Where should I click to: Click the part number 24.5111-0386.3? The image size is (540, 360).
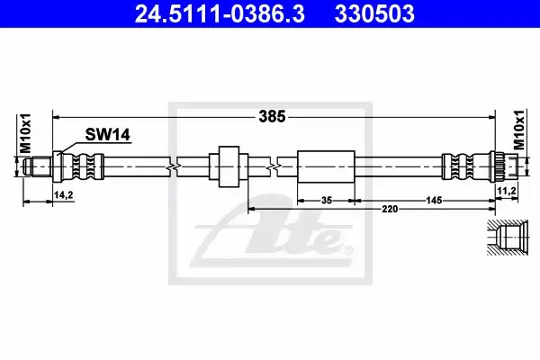[x=220, y=14]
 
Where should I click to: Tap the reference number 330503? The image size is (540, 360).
[x=374, y=14]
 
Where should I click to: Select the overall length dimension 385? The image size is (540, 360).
[x=272, y=117]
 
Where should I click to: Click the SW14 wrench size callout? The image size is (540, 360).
[x=107, y=134]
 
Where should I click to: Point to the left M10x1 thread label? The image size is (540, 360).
[x=26, y=134]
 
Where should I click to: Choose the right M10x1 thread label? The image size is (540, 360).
[x=518, y=130]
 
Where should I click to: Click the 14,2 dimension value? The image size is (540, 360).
[x=64, y=195]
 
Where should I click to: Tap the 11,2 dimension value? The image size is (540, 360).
[x=506, y=191]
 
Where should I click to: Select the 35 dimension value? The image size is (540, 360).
[x=326, y=200]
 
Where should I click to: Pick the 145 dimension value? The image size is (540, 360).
[x=434, y=200]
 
